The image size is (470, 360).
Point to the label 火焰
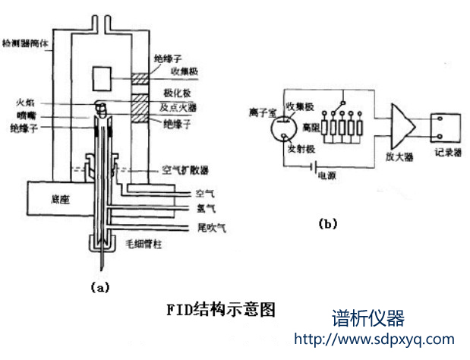tap(24, 101)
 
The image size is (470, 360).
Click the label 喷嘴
tap(24, 115)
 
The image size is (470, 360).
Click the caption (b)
tap(328, 223)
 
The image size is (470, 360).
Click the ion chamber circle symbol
tap(281, 127)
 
